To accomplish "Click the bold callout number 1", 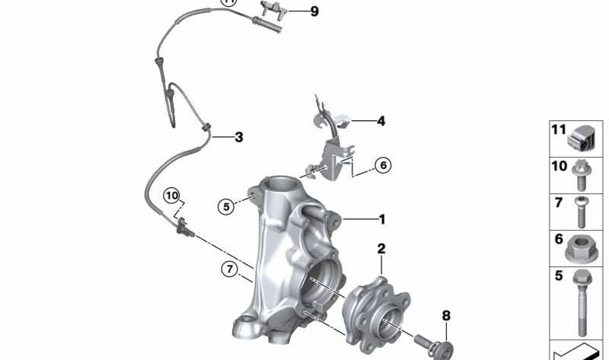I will coord(382,219).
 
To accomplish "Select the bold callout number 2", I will coord(381,249).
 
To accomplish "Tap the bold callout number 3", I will coord(238,138).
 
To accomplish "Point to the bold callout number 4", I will coord(381,120).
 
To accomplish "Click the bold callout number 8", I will coord(446,315).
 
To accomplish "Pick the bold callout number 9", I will coord(314,11).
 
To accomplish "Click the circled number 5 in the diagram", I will coord(225,205).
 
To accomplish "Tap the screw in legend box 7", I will coord(582,212).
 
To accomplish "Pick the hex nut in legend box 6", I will coord(582,247).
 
